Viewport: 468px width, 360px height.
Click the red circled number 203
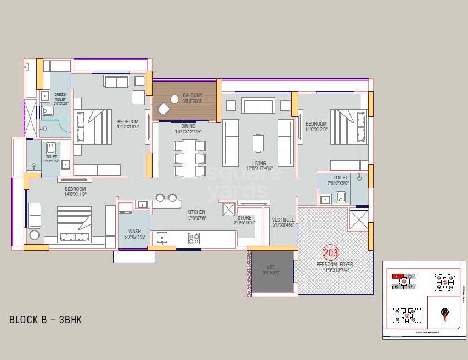[x=331, y=252]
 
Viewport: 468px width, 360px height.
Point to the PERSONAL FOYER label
[x=335, y=264]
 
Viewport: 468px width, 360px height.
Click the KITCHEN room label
[x=196, y=212]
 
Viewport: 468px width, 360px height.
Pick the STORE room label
[x=245, y=218]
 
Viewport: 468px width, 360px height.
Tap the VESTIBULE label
[x=283, y=220]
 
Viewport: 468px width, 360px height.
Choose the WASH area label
[x=134, y=231]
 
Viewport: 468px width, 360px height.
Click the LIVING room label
[x=260, y=163]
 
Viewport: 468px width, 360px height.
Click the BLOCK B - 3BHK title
[x=46, y=319]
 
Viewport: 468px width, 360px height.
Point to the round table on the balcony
[x=175, y=99]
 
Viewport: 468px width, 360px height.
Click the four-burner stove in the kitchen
[x=194, y=238]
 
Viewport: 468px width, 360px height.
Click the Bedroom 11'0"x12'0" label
[x=316, y=124]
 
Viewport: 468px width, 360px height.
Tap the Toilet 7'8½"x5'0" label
[x=340, y=178]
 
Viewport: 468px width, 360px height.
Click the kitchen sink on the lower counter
[x=162, y=238]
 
